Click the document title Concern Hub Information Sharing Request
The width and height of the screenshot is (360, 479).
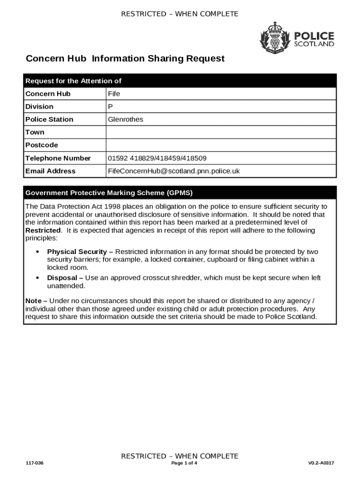click(125, 58)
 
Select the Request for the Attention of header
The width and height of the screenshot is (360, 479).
click(73, 81)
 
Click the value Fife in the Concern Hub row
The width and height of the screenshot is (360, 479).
click(114, 94)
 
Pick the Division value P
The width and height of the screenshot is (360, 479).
click(110, 107)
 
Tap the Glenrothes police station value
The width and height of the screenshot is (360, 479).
click(125, 119)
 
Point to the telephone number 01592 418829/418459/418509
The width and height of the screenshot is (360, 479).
click(157, 158)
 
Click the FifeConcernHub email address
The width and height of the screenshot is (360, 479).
click(173, 171)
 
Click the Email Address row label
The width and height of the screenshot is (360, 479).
click(50, 171)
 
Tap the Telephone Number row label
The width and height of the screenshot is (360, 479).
click(58, 158)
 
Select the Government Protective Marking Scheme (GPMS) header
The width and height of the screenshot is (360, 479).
click(109, 193)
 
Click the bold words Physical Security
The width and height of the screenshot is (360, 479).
click(77, 252)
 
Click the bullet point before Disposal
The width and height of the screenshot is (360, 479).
click(37, 278)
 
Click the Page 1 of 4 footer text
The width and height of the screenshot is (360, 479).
click(184, 464)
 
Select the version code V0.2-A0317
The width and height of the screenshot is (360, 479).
click(321, 464)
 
